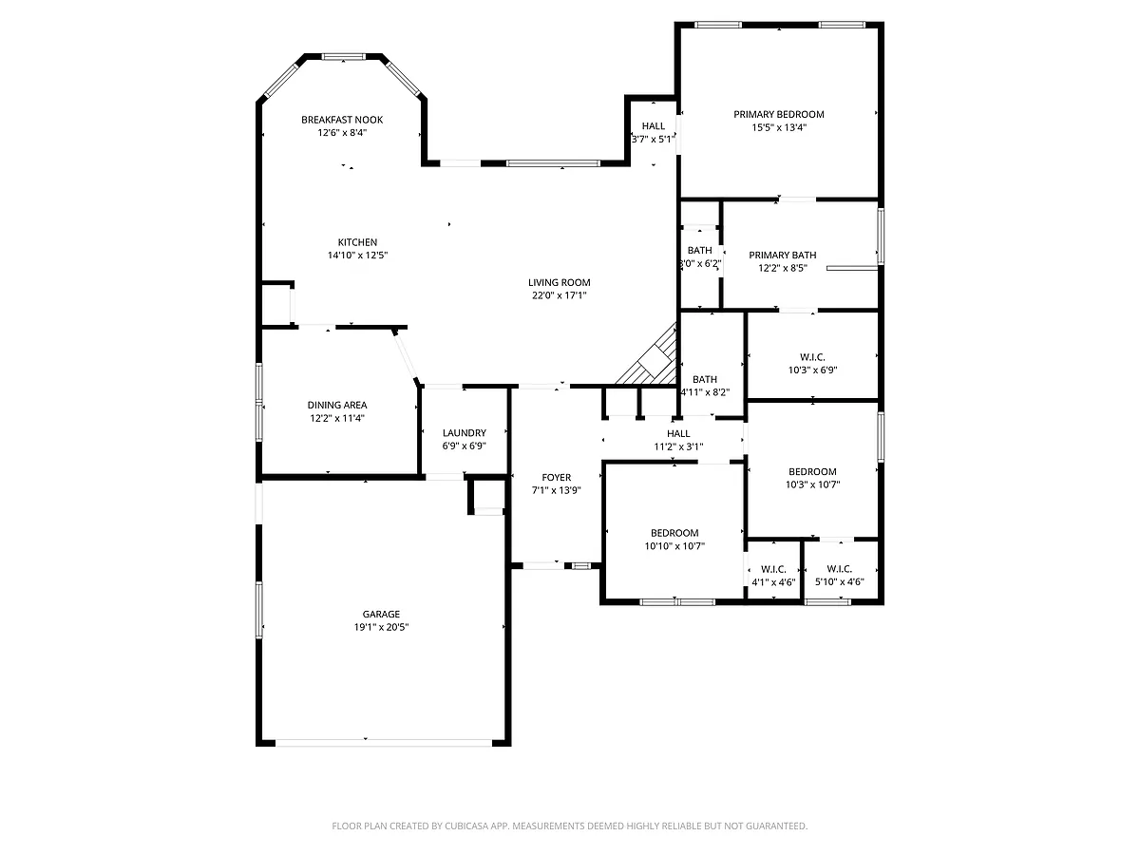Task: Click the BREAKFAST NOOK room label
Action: (x=342, y=120)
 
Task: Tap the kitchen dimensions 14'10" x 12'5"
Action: (x=357, y=256)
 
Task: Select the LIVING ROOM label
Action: (x=559, y=283)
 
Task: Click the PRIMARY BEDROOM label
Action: (x=778, y=115)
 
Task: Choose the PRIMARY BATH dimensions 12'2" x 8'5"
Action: (x=782, y=269)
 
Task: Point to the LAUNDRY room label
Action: (x=465, y=433)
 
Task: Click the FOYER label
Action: (x=557, y=478)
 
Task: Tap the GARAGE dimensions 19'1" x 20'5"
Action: (x=381, y=627)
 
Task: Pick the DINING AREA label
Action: (x=337, y=406)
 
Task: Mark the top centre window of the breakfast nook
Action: (x=343, y=57)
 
